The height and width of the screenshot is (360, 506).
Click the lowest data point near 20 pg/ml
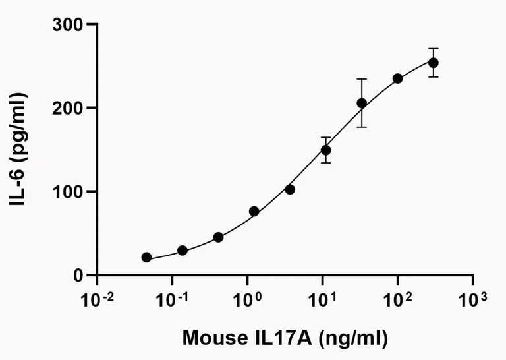pos(146,257)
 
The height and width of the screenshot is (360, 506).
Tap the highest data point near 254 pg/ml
pos(434,63)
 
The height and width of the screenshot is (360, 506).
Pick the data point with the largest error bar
pos(362,103)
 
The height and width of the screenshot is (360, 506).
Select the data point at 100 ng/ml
pos(398,78)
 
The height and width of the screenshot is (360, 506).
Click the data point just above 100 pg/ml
pos(290,189)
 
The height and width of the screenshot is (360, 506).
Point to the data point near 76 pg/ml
pos(254,212)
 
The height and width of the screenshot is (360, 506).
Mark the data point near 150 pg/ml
pos(325,150)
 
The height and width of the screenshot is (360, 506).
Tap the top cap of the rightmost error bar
pos(434,48)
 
